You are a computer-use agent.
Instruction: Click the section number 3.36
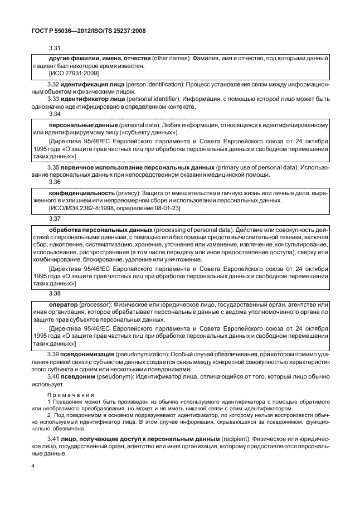(x=55, y=182)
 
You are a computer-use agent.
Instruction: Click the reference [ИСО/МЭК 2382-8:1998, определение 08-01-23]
(x=107, y=207)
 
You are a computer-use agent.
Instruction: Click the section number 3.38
(x=55, y=293)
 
